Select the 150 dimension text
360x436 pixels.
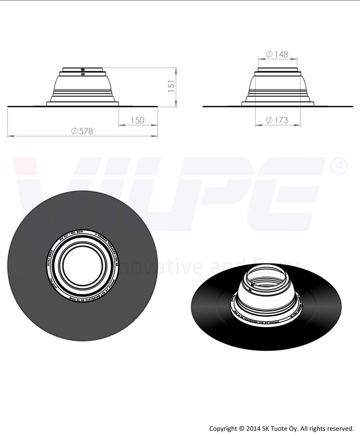click(x=137, y=120)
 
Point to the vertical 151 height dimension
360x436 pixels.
click(x=171, y=86)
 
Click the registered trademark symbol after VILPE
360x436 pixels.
click(x=339, y=167)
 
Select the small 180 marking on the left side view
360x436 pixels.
click(x=83, y=69)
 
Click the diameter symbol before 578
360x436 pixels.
click(x=75, y=131)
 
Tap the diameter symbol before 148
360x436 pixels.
click(x=269, y=54)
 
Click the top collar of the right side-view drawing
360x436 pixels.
click(x=277, y=69)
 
